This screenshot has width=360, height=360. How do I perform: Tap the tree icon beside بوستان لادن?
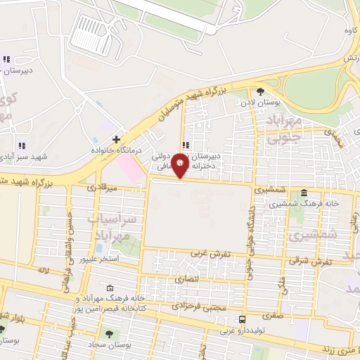(261, 91)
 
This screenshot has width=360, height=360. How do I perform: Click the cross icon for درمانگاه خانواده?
(116, 139)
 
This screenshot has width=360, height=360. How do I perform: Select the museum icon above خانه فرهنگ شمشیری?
(304, 193)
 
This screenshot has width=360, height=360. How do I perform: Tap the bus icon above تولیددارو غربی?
(242, 319)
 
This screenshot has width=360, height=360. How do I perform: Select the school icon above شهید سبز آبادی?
(22, 145)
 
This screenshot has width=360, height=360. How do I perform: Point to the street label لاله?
(44, 270)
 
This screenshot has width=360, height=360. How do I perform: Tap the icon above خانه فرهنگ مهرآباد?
(110, 288)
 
